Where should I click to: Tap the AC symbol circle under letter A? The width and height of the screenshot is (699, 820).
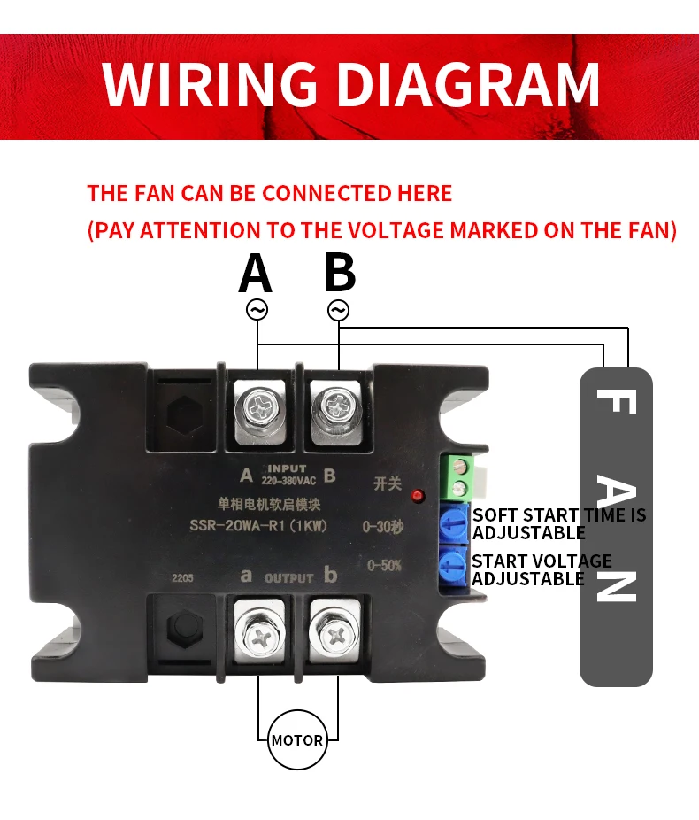pos(257,310)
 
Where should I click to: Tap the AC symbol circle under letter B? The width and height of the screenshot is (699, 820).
pos(339,310)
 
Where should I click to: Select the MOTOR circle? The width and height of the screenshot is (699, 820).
pos(297,739)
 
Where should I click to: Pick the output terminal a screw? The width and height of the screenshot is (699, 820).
pos(258,635)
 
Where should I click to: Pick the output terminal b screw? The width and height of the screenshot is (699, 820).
pos(336,635)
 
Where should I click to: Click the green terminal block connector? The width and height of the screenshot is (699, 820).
pos(459,478)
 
